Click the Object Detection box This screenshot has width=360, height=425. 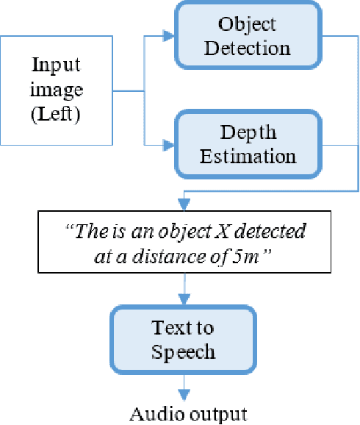tap(247, 36)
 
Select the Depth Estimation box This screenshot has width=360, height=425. tap(247, 144)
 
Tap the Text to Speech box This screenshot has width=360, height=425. tap(183, 339)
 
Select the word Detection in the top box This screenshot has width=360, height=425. tap(247, 49)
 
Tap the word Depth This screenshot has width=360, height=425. tap(248, 132)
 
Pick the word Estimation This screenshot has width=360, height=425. tap(248, 156)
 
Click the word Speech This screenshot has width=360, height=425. tap(184, 351)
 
